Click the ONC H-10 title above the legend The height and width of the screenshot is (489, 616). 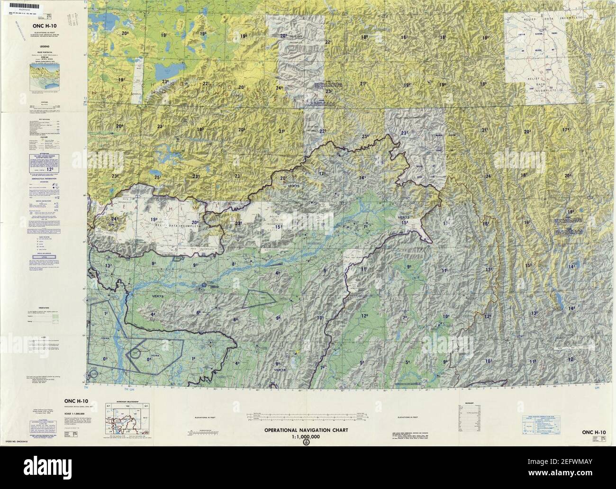[45, 26]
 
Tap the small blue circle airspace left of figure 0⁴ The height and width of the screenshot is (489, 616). [136, 353]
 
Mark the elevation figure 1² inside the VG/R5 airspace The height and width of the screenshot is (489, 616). [107, 314]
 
